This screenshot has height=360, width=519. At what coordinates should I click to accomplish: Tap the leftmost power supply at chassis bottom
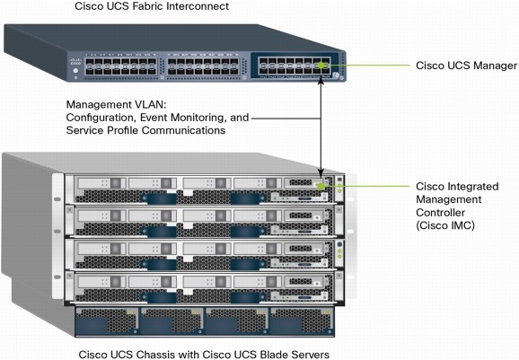point(106,323)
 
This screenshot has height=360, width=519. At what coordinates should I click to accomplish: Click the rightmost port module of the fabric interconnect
point(293,66)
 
